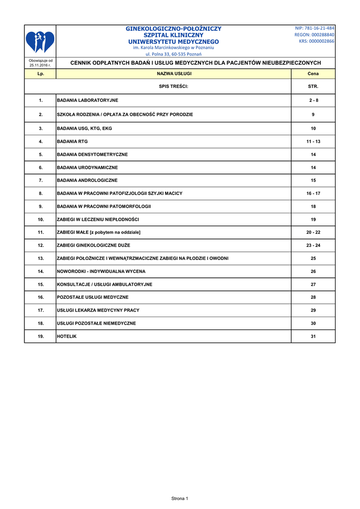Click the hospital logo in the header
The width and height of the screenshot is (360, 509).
tap(40, 41)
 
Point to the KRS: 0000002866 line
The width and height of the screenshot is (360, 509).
tap(317, 41)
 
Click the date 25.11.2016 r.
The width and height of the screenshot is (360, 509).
tap(40, 65)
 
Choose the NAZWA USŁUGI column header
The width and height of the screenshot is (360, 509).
tap(174, 74)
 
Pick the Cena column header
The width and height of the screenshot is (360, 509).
tap(313, 74)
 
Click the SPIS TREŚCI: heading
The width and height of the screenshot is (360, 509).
tap(174, 86)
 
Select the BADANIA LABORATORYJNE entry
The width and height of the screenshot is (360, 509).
tap(88, 100)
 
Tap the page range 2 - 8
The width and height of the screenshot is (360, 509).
tap(313, 100)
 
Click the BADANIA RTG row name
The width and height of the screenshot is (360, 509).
tap(73, 142)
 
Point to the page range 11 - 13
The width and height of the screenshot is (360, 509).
tap(313, 142)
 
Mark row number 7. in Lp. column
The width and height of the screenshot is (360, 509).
tap(41, 180)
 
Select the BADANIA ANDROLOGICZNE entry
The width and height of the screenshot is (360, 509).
tap(88, 180)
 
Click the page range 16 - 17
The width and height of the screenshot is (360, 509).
tap(313, 193)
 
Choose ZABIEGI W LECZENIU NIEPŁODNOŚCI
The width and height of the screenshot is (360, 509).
tap(98, 219)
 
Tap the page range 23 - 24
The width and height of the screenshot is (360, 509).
tap(313, 246)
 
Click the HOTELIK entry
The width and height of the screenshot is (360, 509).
tap(67, 337)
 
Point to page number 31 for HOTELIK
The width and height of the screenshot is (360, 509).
tap(313, 337)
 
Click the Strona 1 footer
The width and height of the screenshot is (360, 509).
tap(180, 498)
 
